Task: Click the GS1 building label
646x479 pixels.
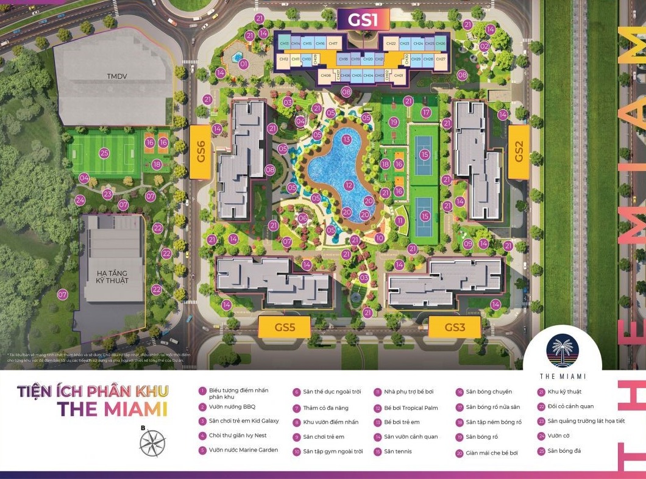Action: coord(363,20)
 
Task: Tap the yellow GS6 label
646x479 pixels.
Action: coord(201,153)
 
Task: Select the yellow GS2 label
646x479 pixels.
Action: coord(519,152)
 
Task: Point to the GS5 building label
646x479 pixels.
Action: coord(285,327)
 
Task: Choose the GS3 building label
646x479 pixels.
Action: coord(455,327)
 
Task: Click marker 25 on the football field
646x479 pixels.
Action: coord(104,153)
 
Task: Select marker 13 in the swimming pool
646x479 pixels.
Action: coord(347,140)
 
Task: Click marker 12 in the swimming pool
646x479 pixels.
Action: coord(349,185)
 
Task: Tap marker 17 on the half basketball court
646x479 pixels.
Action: coord(426,112)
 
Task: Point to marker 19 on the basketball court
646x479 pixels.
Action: coord(394,122)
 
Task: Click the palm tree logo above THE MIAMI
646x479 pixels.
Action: coord(562,350)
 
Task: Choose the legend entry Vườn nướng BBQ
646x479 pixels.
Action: coord(224,407)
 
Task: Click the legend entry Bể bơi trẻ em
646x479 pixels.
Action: coord(401,422)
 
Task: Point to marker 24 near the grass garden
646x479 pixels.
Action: coord(80,200)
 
